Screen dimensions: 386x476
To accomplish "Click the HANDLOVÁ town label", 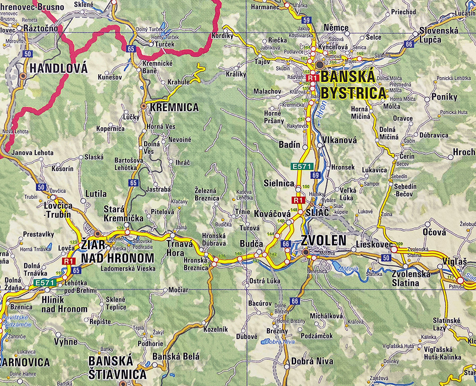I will (x=58, y=69).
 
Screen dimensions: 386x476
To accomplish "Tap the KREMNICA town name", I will (x=174, y=108).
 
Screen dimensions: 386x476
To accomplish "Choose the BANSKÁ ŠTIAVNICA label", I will (x=117, y=367).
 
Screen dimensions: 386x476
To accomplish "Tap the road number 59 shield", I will (x=307, y=20).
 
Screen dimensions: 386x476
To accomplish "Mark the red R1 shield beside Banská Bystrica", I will (x=312, y=78).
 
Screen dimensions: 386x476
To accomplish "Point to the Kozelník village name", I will (x=216, y=329).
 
